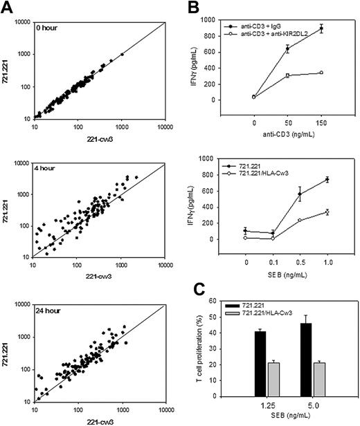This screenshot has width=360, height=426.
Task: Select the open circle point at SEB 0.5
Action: pyautogui.click(x=300, y=220)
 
